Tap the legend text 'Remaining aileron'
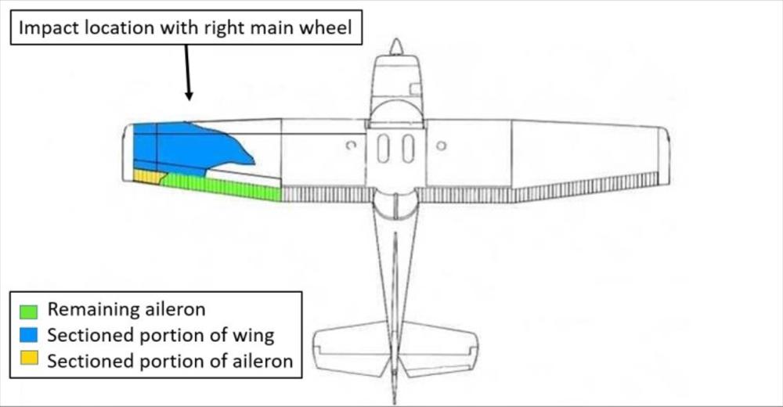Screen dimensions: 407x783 tap(126, 309)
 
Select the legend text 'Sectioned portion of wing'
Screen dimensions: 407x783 tap(161, 336)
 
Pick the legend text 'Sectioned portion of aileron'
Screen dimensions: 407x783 tap(170, 362)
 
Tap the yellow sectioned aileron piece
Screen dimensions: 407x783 tap(147, 177)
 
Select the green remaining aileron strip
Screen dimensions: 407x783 tap(223, 185)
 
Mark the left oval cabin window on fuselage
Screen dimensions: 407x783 tap(383, 148)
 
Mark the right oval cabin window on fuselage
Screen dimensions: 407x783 tap(408, 148)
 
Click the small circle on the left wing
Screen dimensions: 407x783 tap(351, 145)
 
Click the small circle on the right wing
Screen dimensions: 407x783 tap(441, 145)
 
